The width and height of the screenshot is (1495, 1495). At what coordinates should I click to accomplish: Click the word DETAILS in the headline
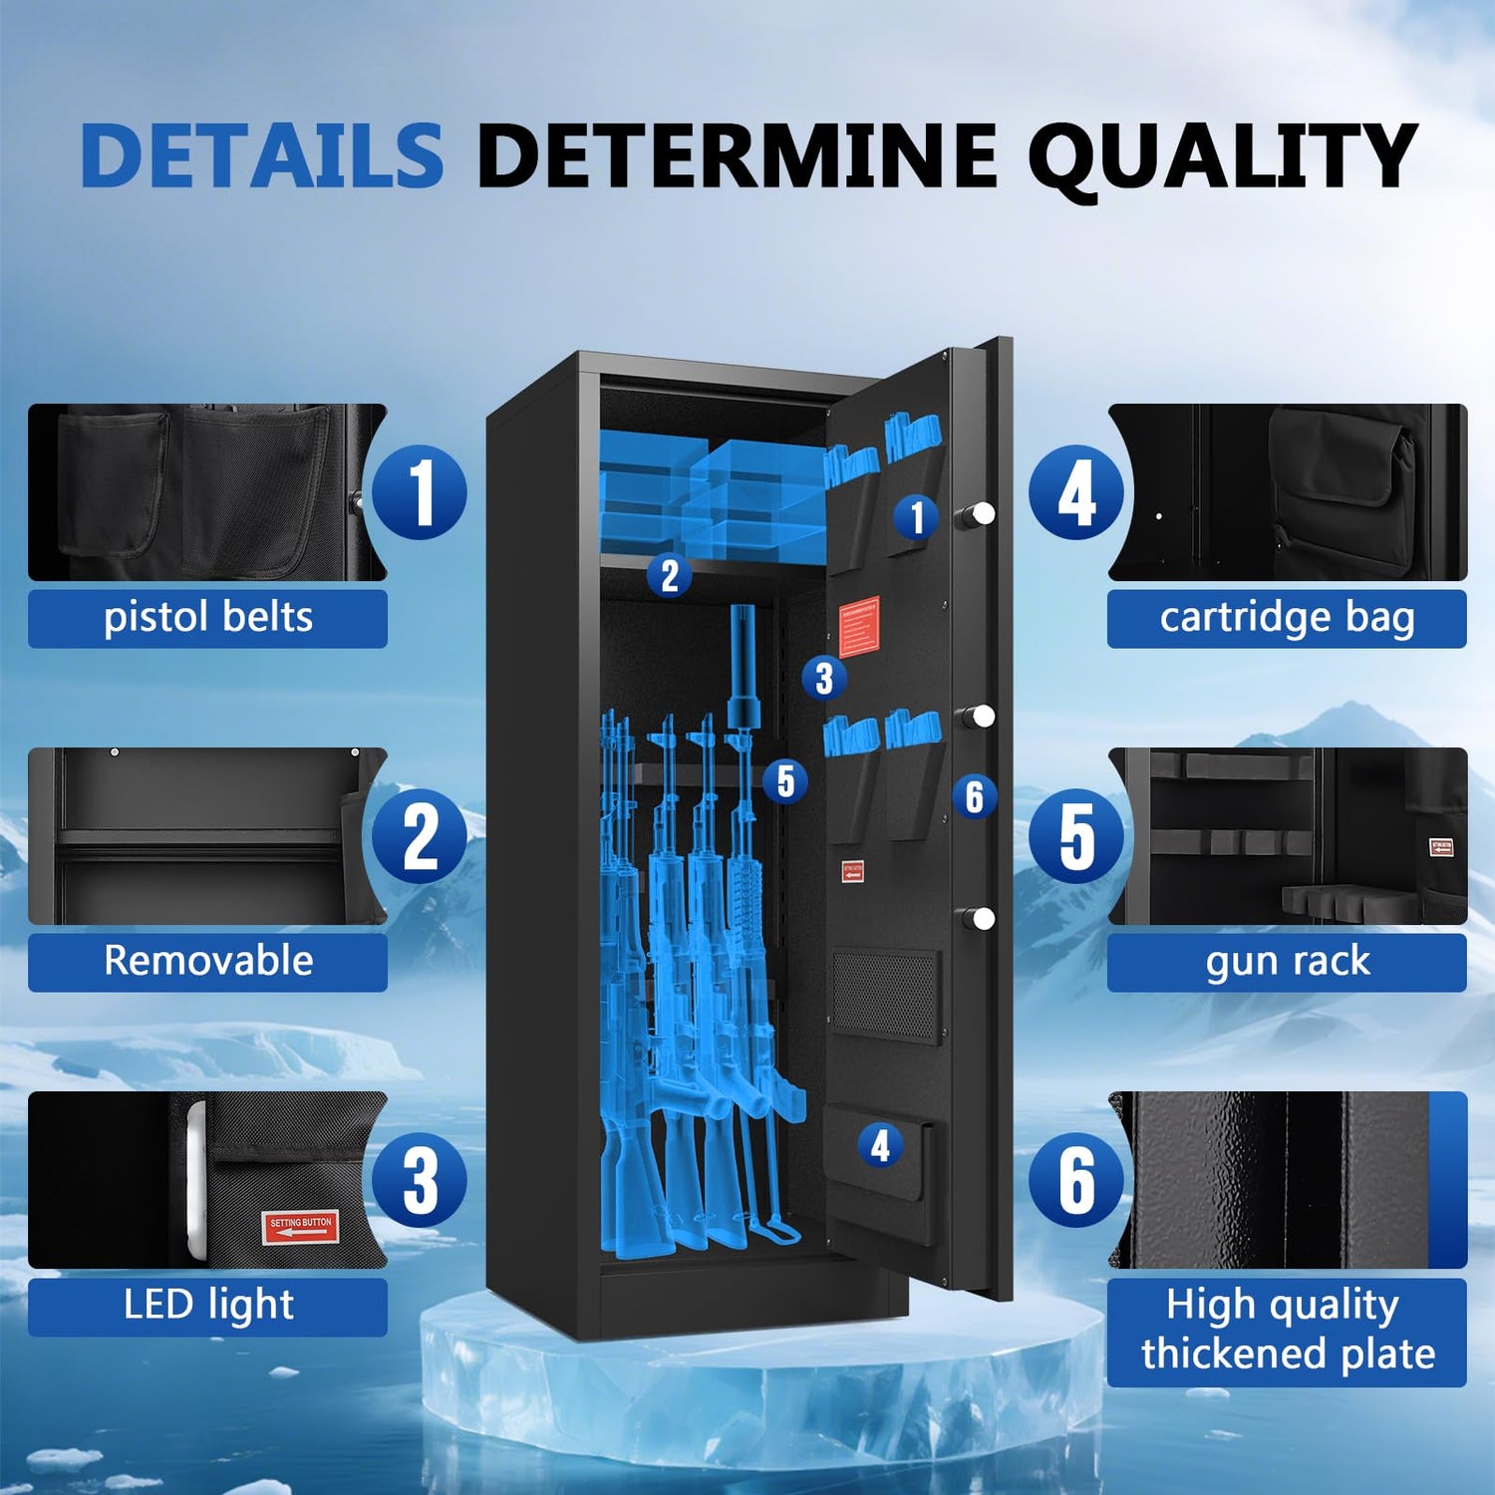[262, 155]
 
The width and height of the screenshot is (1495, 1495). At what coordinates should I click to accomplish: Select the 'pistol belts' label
[207, 618]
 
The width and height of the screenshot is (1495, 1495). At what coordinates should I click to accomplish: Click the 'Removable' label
[207, 961]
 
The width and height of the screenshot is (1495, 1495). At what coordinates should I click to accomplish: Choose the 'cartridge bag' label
[1287, 618]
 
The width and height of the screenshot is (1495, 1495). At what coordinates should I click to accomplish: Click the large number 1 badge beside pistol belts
[420, 492]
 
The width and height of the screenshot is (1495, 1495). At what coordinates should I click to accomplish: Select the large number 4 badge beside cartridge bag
[1076, 492]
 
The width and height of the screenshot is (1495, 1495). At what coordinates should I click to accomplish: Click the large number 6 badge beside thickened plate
[1076, 1180]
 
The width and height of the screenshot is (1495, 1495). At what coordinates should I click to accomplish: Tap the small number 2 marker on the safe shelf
[670, 576]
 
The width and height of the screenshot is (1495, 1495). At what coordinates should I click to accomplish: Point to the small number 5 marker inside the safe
[785, 781]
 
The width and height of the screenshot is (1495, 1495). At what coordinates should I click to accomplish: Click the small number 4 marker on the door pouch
[880, 1146]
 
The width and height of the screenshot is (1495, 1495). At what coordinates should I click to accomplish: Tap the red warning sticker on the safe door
[859, 626]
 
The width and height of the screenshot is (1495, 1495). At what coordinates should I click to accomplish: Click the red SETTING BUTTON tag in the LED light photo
[300, 1227]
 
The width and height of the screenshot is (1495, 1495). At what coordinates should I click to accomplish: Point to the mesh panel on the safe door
[885, 995]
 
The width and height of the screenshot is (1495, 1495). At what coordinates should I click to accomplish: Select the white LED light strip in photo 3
[196, 1180]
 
